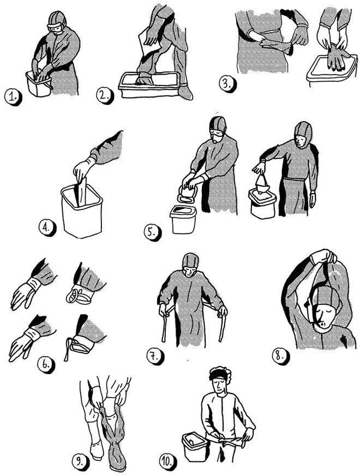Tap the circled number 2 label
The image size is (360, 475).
tap(105, 96)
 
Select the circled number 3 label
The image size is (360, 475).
tap(227, 83)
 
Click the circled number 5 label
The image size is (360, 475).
tap(152, 232)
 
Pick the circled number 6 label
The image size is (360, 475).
tap(46, 365)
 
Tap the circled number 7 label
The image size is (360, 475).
tap(155, 356)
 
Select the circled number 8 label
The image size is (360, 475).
tap(280, 356)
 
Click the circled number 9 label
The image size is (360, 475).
tap(81, 462)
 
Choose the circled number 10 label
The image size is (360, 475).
tap(168, 462)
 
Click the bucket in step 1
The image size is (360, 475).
tap(39, 84)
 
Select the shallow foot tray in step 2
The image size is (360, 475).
tap(151, 86)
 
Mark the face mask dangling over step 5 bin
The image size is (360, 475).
tap(261, 184)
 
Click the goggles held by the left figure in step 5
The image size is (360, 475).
tap(188, 194)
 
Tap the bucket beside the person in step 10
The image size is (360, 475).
tap(195, 446)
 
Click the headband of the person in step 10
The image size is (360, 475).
tap(219, 375)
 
